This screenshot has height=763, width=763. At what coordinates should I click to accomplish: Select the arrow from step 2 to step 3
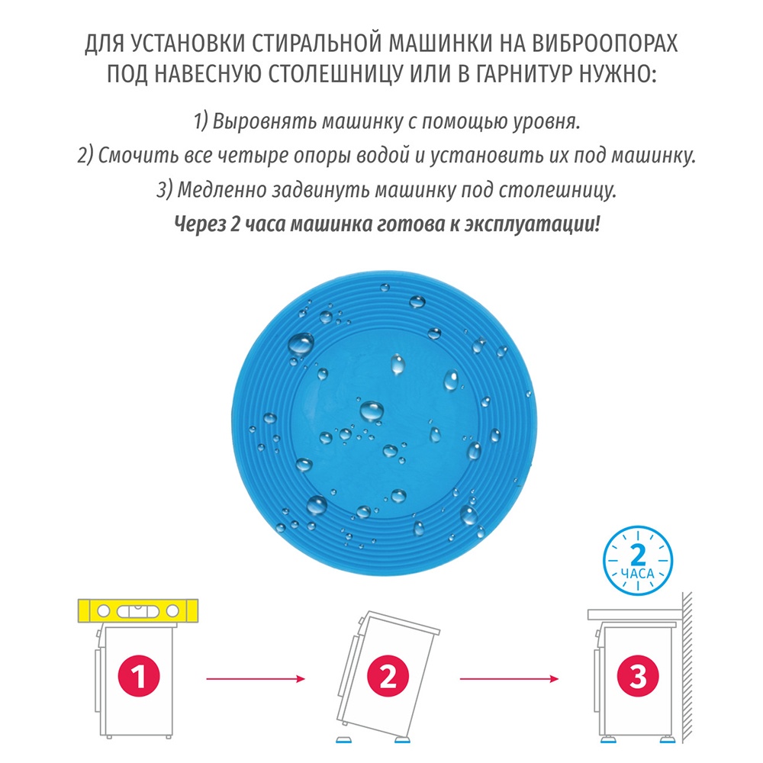click(507, 678)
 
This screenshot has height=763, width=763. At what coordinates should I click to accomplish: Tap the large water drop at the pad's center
click(372, 410)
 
